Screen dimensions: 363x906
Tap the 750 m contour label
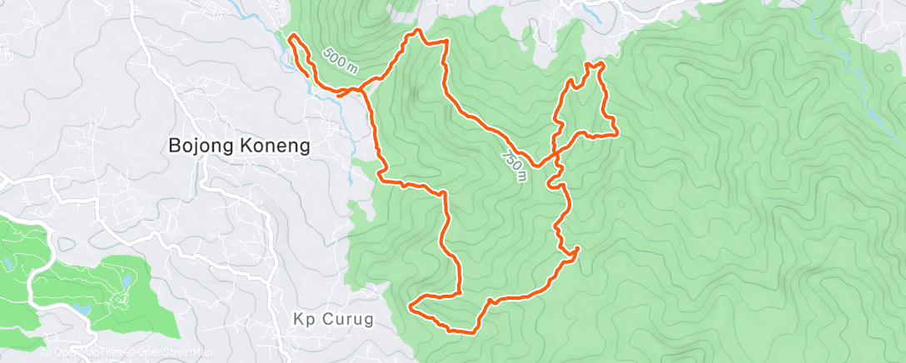[x=515, y=164]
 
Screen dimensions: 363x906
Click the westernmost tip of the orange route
[x=289, y=37]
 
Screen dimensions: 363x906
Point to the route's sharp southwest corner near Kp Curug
[x=411, y=306]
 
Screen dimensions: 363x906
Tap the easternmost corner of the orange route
[x=616, y=131]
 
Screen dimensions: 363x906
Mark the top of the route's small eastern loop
[x=595, y=64]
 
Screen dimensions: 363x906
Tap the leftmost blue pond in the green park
[x=7, y=265]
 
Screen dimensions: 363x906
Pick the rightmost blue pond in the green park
[x=126, y=281]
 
